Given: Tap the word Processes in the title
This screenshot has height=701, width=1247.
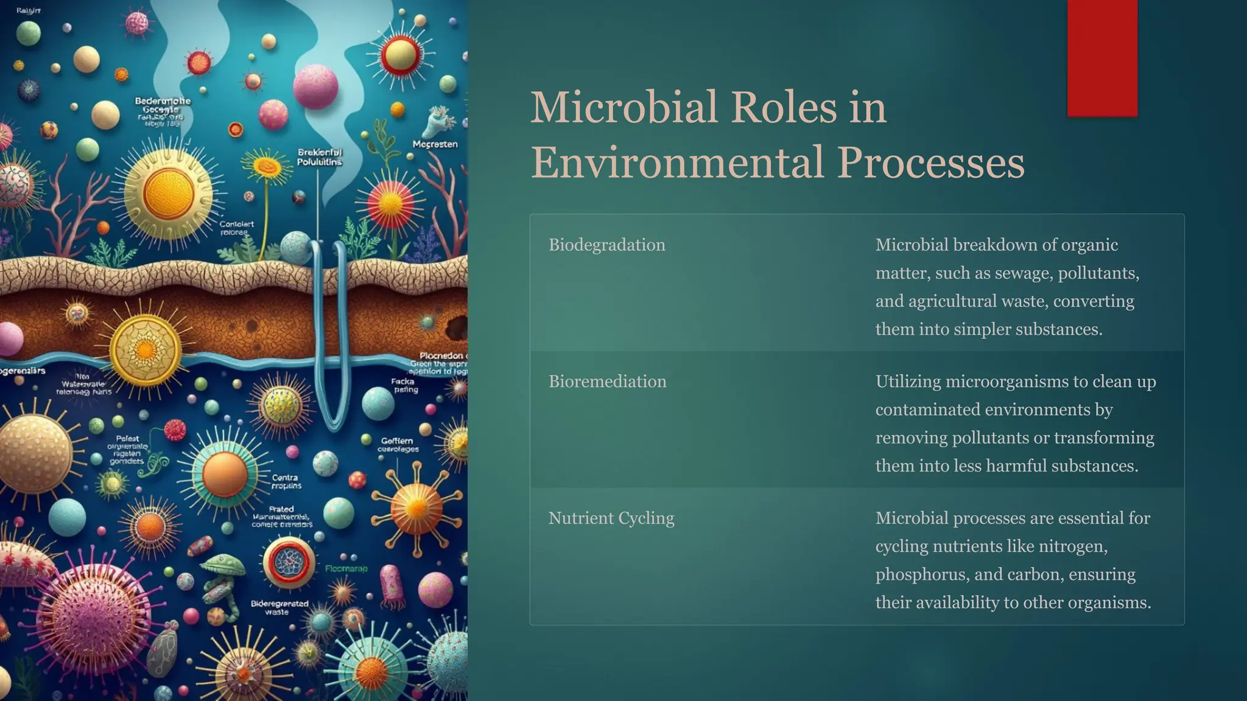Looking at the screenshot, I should [930, 162].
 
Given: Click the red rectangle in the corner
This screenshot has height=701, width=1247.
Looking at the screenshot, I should [1102, 58].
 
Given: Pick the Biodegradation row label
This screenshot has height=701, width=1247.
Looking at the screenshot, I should [606, 245].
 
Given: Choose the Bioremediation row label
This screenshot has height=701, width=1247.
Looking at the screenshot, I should [607, 382].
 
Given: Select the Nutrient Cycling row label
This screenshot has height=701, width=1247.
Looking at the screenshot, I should [611, 518].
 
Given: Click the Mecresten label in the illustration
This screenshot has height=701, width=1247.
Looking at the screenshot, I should [435, 144].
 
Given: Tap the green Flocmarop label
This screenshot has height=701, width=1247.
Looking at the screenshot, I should [346, 569].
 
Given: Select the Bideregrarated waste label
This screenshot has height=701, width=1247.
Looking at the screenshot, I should [279, 607].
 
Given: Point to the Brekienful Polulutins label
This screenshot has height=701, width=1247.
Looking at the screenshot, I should [320, 157].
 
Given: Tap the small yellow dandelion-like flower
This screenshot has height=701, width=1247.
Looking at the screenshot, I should [267, 166].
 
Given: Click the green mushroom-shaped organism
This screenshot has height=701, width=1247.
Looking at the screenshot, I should [223, 566].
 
